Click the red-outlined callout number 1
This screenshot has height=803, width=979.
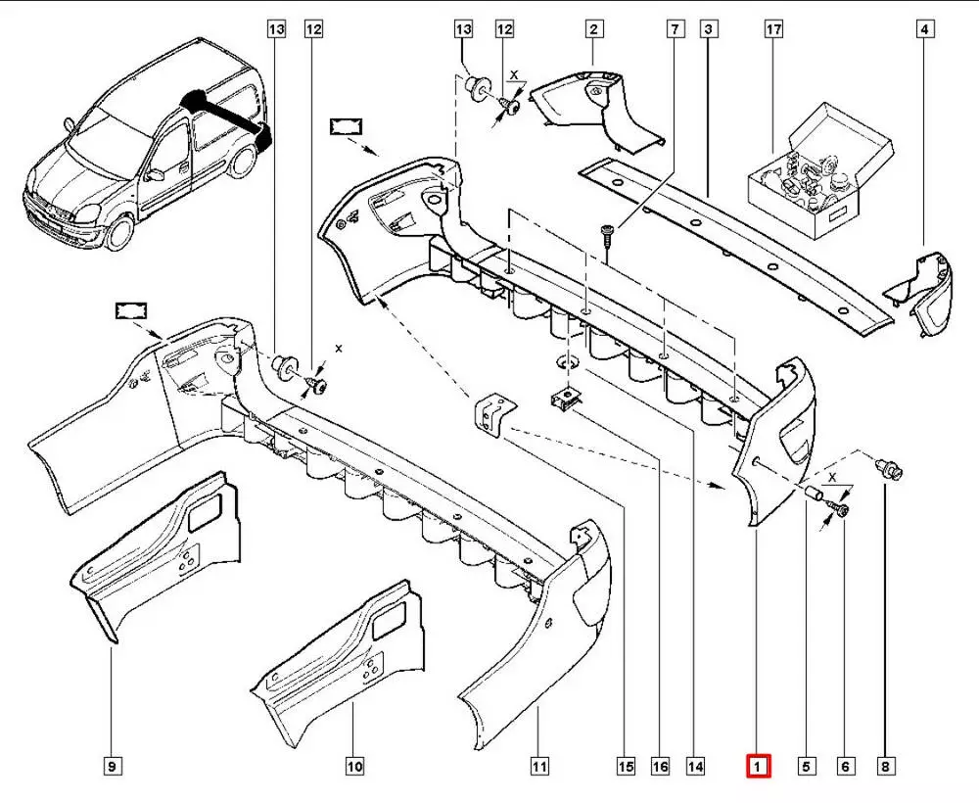click(759, 765)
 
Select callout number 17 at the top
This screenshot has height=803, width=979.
click(773, 30)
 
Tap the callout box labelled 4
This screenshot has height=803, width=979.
click(923, 30)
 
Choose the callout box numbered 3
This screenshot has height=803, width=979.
click(708, 30)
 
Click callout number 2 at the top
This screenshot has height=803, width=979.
click(593, 30)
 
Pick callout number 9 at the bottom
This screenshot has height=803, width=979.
click(114, 766)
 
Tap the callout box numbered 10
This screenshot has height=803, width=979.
click(354, 766)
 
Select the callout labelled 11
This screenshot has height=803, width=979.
click(539, 766)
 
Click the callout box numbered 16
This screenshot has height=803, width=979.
click(661, 766)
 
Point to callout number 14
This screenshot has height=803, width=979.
click(696, 766)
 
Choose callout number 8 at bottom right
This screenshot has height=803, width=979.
click(885, 766)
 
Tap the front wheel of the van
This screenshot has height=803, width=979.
click(121, 230)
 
